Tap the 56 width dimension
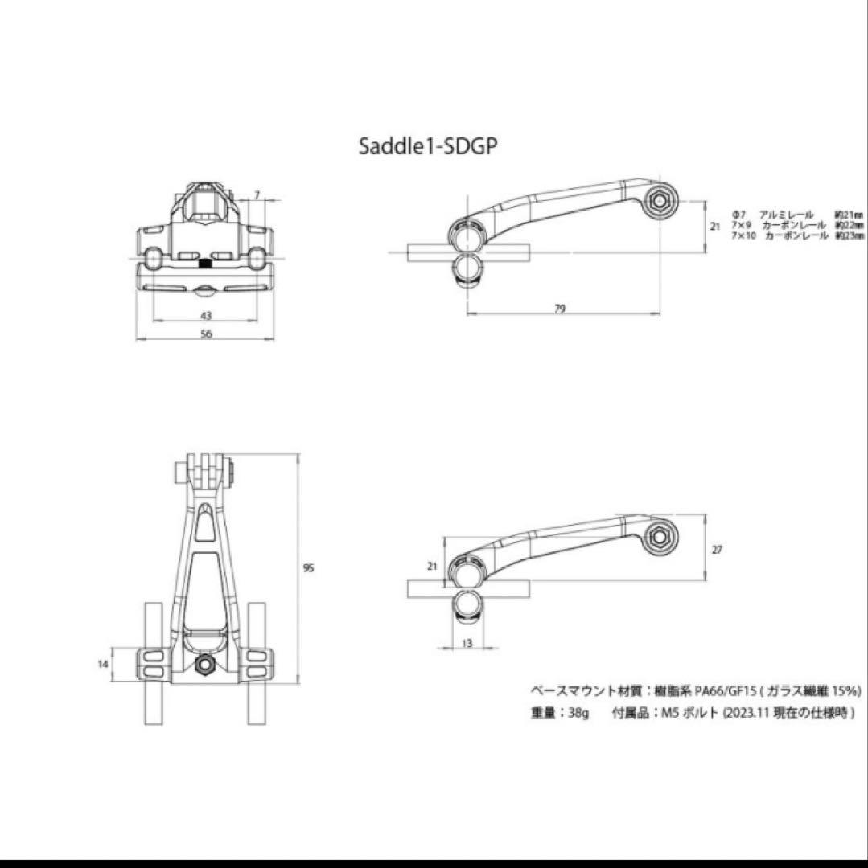(206, 334)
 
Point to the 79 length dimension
(561, 309)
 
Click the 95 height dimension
(308, 568)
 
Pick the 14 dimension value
(101, 664)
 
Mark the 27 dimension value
(718, 550)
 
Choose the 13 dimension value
(467, 643)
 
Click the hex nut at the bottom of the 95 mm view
(204, 664)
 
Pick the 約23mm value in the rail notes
(849, 236)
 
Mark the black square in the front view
(204, 263)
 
